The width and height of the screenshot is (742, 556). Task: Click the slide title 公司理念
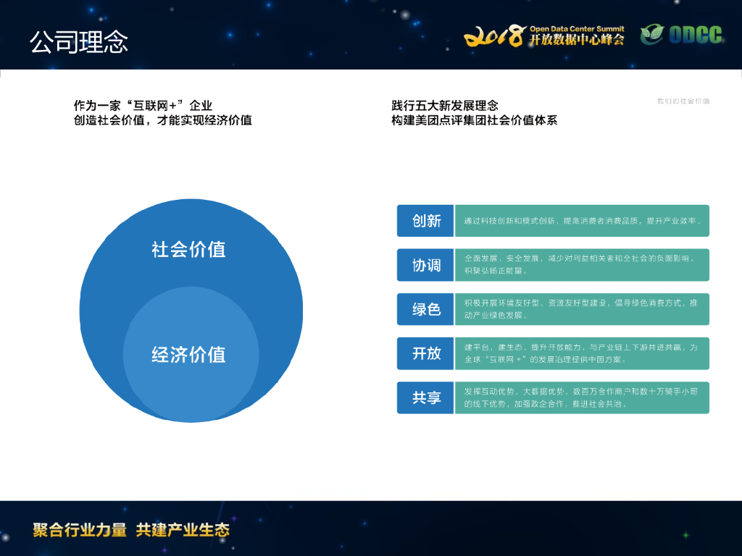click(x=79, y=42)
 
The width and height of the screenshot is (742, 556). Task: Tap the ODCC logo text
click(x=694, y=35)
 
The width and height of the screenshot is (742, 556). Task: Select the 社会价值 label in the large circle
click(x=188, y=250)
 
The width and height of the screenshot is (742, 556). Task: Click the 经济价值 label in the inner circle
click(x=188, y=355)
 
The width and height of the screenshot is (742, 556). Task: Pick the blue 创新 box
click(x=425, y=221)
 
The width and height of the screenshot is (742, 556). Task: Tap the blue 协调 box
click(x=425, y=265)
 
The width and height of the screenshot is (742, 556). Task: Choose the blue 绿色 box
click(x=425, y=309)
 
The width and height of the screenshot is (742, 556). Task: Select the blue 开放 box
click(x=425, y=353)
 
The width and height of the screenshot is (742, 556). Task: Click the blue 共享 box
click(x=425, y=397)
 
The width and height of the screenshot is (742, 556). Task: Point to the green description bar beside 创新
click(x=582, y=221)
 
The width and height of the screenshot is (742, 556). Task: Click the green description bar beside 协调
click(x=582, y=265)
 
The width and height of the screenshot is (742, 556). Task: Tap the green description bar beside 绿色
click(x=582, y=309)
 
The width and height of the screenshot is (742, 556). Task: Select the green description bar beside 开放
click(x=582, y=353)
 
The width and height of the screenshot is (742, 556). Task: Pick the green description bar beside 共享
click(x=582, y=397)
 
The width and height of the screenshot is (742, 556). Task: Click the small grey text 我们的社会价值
click(x=683, y=101)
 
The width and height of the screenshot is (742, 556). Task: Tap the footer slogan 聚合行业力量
click(x=80, y=529)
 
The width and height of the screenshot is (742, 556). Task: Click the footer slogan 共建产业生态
click(x=183, y=529)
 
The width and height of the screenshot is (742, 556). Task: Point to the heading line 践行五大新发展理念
click(x=445, y=106)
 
